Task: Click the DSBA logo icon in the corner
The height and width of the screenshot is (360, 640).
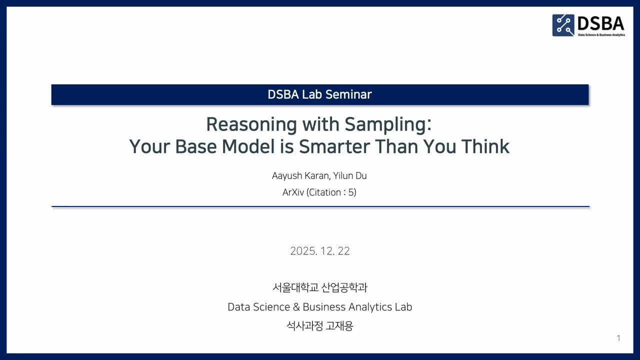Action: [x=563, y=25]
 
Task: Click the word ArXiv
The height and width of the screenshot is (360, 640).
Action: [x=293, y=192]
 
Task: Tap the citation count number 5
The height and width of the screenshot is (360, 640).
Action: [x=350, y=192]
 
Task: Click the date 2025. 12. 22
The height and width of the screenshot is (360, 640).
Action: [x=320, y=251]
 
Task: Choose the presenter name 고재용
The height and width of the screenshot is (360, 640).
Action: [x=339, y=326]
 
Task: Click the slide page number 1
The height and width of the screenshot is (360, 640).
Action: [x=618, y=338]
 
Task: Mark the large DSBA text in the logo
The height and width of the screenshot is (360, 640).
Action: [x=600, y=23]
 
